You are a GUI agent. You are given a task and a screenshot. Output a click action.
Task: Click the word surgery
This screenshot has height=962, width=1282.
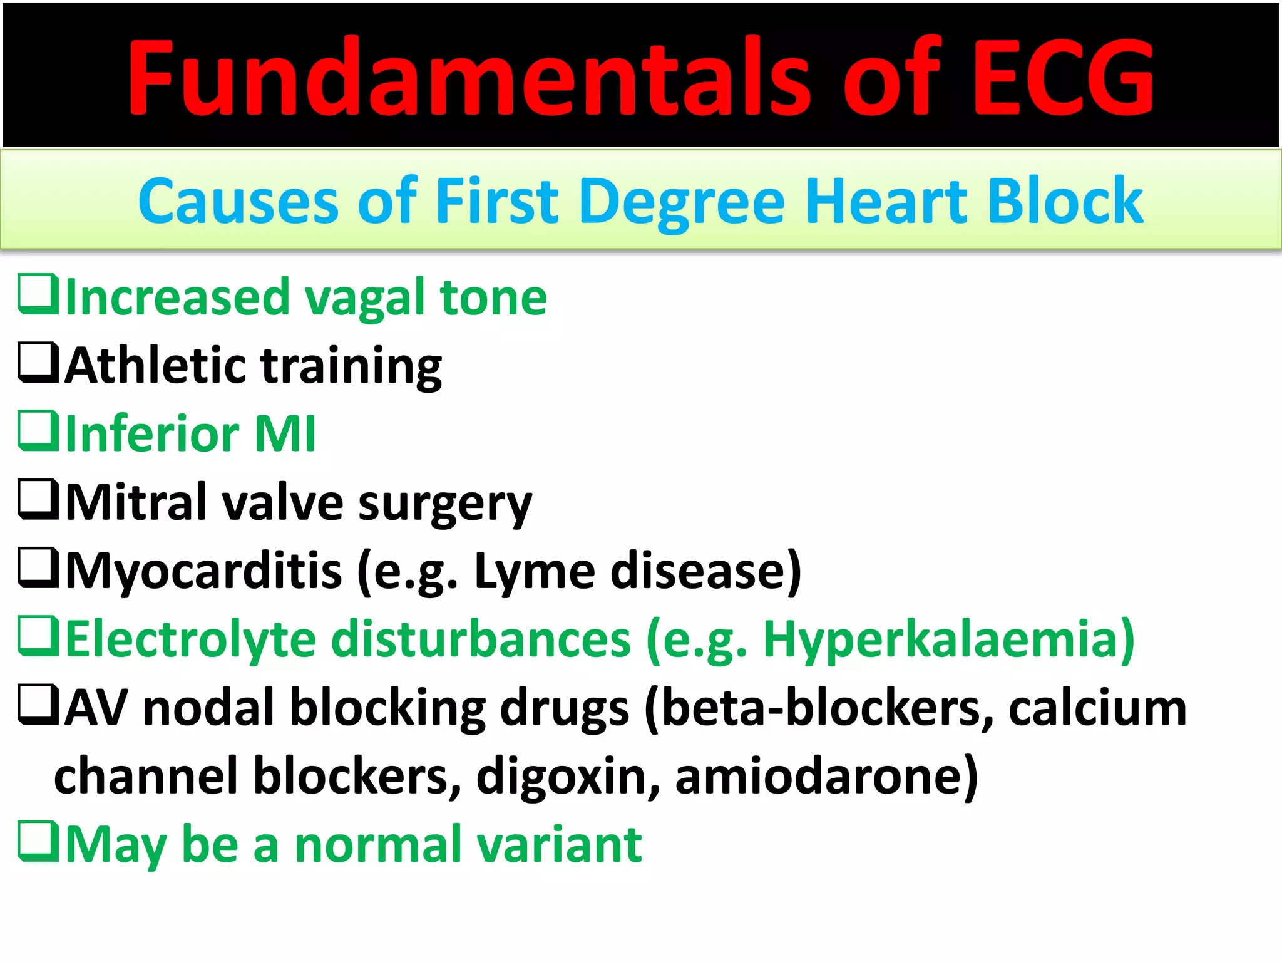click(x=445, y=504)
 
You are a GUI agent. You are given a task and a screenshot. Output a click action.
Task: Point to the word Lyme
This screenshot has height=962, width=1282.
click(x=534, y=571)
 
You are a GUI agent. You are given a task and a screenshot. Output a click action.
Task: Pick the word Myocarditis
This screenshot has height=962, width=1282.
click(x=204, y=571)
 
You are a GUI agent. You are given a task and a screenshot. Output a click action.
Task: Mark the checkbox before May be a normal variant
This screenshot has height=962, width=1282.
click(x=38, y=842)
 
